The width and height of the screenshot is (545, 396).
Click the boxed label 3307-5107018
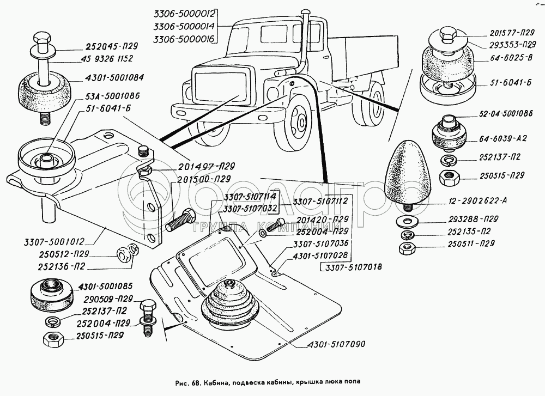click(x=352, y=267)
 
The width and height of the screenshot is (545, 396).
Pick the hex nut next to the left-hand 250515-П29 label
click(x=52, y=339)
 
